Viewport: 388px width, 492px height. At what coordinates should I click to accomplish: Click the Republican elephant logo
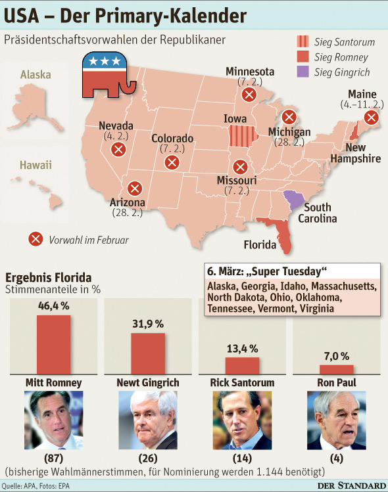pyautogui.click(x=109, y=76)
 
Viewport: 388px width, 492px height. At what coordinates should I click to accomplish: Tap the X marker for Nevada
pyautogui.click(x=118, y=149)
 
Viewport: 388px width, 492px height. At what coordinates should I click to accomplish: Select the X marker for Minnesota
pyautogui.click(x=249, y=94)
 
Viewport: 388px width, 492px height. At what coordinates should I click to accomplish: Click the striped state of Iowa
pyautogui.click(x=243, y=136)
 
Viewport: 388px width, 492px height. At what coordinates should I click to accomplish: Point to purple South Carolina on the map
pyautogui.click(x=295, y=200)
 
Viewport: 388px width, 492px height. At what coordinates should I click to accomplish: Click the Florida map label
pyautogui.click(x=260, y=244)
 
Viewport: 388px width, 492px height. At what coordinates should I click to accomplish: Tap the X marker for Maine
pyautogui.click(x=372, y=118)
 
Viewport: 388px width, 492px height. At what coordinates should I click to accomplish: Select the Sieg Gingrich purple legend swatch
pyautogui.click(x=303, y=72)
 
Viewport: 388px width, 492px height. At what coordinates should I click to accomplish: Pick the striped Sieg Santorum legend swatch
pyautogui.click(x=303, y=41)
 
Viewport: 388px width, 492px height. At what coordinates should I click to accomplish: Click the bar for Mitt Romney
pyautogui.click(x=54, y=344)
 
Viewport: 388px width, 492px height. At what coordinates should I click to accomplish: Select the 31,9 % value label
pyautogui.click(x=148, y=324)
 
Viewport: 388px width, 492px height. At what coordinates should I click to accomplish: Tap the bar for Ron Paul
pyautogui.click(x=337, y=370)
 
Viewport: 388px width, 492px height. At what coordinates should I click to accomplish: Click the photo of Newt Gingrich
pyautogui.click(x=148, y=420)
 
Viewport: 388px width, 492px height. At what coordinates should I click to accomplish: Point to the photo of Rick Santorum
pyautogui.click(x=242, y=420)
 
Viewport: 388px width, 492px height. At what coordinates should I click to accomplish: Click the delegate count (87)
pyautogui.click(x=54, y=458)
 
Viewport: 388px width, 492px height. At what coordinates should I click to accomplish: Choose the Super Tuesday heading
pyautogui.click(x=267, y=271)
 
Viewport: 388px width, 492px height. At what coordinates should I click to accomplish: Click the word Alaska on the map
pyautogui.click(x=36, y=75)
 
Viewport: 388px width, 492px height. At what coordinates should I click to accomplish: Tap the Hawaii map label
pyautogui.click(x=36, y=165)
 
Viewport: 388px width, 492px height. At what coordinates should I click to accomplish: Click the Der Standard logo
pyautogui.click(x=352, y=485)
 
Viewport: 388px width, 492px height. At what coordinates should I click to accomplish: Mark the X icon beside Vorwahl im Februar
pyautogui.click(x=36, y=239)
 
